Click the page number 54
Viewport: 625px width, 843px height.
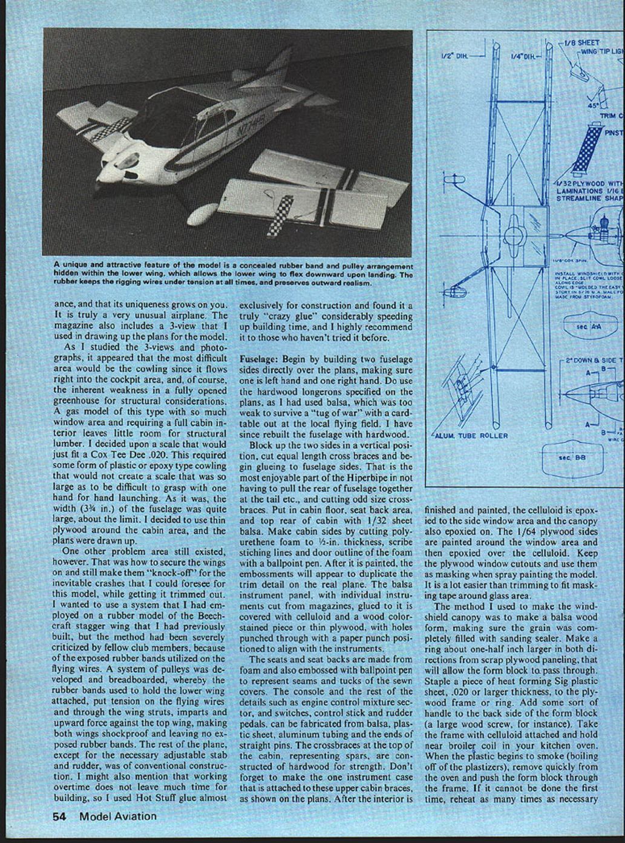point(59,816)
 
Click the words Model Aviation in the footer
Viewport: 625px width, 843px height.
point(117,816)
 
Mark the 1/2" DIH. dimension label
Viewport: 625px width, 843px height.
point(455,56)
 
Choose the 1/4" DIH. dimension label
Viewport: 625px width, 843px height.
point(524,56)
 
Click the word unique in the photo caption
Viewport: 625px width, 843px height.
point(75,266)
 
